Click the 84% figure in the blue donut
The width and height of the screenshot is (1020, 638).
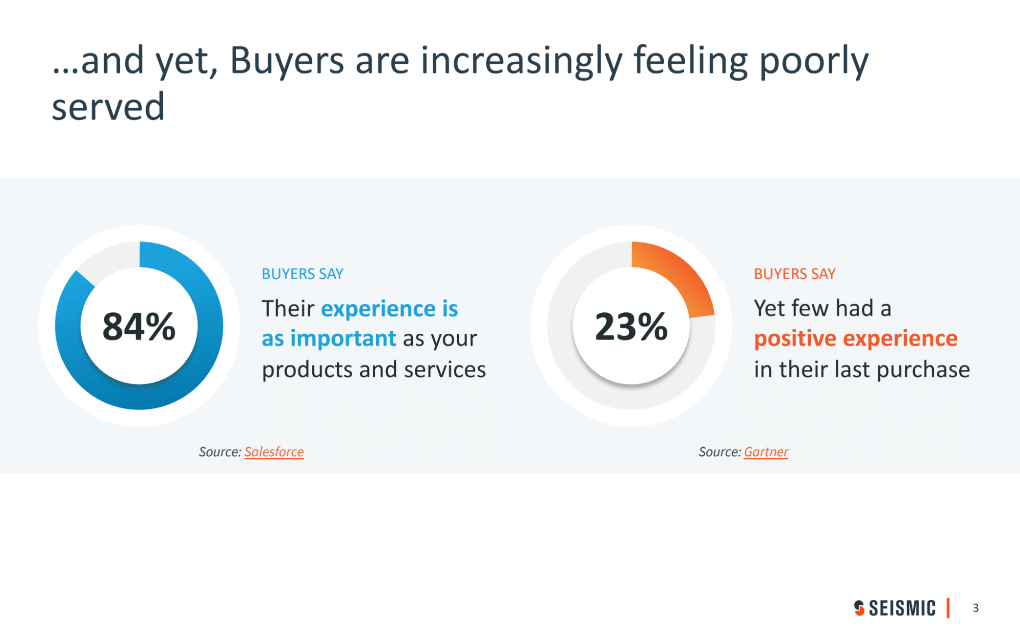(x=139, y=327)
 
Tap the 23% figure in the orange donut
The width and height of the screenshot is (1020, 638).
(x=631, y=327)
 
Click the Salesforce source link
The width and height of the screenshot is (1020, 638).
(x=274, y=452)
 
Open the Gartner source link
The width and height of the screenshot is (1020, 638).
(x=766, y=452)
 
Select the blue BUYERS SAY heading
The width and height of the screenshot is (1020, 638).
(x=303, y=274)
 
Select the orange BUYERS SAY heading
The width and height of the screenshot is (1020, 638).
(x=794, y=274)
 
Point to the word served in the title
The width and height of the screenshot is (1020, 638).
(x=108, y=107)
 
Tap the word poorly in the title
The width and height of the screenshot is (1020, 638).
(x=814, y=61)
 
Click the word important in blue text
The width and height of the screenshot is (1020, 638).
(x=343, y=338)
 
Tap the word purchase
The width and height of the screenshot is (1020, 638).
(x=923, y=370)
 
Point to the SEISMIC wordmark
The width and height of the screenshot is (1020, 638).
(x=902, y=608)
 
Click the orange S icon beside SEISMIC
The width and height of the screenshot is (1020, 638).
(x=859, y=608)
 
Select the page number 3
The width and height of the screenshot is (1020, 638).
(x=976, y=608)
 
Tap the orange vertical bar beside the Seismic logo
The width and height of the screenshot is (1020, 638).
(x=948, y=608)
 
